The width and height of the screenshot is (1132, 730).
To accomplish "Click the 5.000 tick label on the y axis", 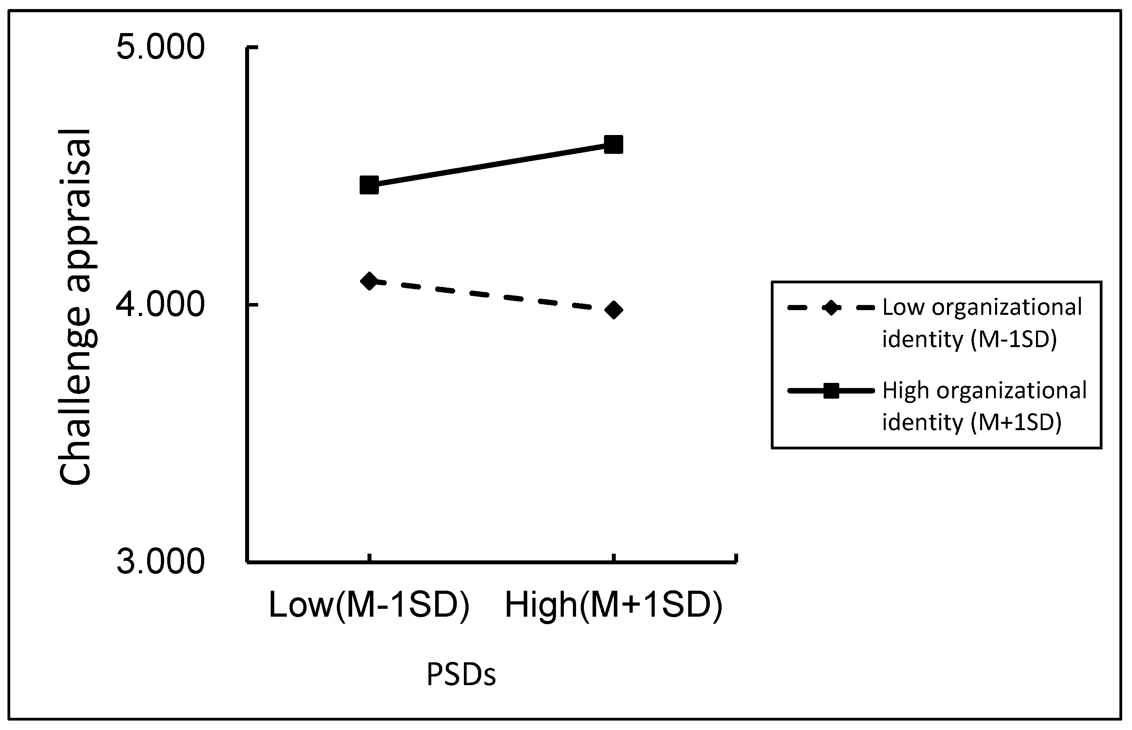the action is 161,47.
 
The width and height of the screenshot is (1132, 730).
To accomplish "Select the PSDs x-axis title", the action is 461,674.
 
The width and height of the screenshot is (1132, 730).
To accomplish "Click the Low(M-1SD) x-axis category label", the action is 369,606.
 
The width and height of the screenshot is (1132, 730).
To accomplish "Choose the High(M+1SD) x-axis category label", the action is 614,606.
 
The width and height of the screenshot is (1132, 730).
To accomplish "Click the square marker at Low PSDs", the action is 369,185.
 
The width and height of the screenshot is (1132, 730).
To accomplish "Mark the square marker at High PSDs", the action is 614,144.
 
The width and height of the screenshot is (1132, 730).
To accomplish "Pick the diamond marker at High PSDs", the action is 614,310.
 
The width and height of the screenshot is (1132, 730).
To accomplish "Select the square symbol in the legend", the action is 831,391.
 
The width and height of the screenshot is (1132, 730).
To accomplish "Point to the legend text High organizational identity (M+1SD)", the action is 984,406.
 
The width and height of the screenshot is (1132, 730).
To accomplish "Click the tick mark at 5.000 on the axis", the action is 253,47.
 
